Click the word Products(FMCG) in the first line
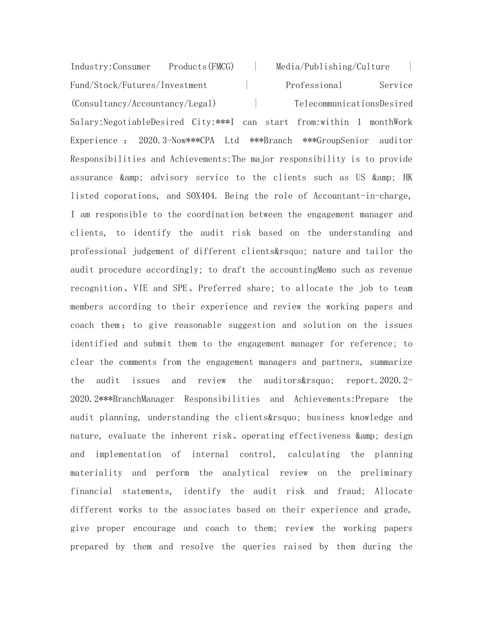(x=201, y=67)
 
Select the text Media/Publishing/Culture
(x=333, y=67)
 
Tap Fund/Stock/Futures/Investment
(x=139, y=85)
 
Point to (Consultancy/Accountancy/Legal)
(x=143, y=104)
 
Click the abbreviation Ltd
(x=231, y=141)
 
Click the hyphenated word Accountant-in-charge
(x=361, y=196)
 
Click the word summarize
(x=391, y=362)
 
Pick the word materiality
(x=96, y=473)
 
